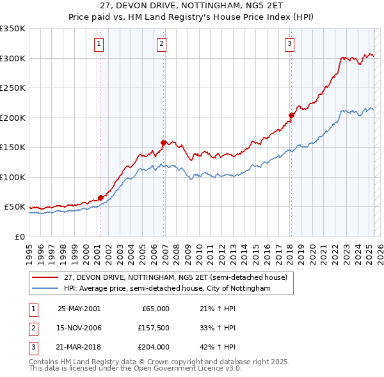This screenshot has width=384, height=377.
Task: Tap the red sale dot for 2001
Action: (100, 197)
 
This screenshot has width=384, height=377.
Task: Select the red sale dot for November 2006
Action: (163, 142)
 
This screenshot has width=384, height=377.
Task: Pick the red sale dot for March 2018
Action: (291, 115)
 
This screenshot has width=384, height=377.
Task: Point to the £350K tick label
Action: (13, 29)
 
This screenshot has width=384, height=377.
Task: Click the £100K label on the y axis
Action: (13, 177)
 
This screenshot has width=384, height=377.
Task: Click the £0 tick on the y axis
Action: (19, 236)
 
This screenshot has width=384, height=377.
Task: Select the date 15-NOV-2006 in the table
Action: (79, 328)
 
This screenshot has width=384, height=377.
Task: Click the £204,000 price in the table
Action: (154, 347)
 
